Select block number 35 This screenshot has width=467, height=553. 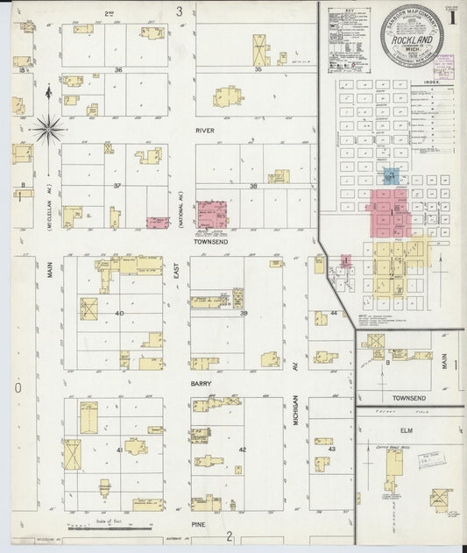point(258,68)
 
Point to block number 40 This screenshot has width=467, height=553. point(119,313)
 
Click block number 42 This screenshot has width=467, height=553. point(243,450)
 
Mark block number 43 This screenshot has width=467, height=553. point(331,449)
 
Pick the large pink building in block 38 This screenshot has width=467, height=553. point(212,215)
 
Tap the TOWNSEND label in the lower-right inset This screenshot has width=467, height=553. point(409,397)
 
